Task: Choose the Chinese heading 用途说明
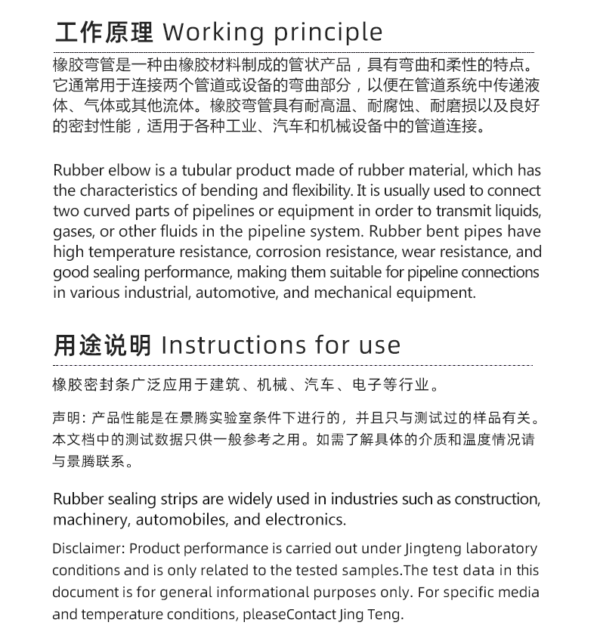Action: tap(103, 345)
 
